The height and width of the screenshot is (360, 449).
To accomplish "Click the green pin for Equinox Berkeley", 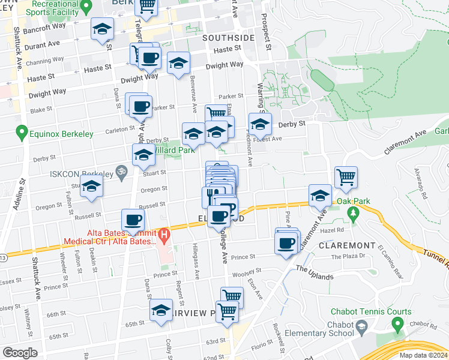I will pos(22,131).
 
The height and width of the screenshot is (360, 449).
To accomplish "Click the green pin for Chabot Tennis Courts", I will pos(397,325).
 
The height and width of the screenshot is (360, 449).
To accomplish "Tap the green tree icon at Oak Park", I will pos(353,212).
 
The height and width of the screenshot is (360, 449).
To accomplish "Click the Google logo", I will pos(20,353).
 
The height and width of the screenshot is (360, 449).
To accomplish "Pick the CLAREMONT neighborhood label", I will pos(347,245).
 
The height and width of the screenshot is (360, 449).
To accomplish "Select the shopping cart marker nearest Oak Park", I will pos(346,178).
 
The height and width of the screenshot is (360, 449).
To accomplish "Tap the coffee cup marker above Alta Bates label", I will pos(133,220).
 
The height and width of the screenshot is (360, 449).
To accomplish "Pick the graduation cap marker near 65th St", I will pos(160,310).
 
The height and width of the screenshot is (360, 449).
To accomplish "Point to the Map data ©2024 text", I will pos(423,355).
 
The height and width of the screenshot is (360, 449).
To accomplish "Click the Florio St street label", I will pos(262,346).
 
